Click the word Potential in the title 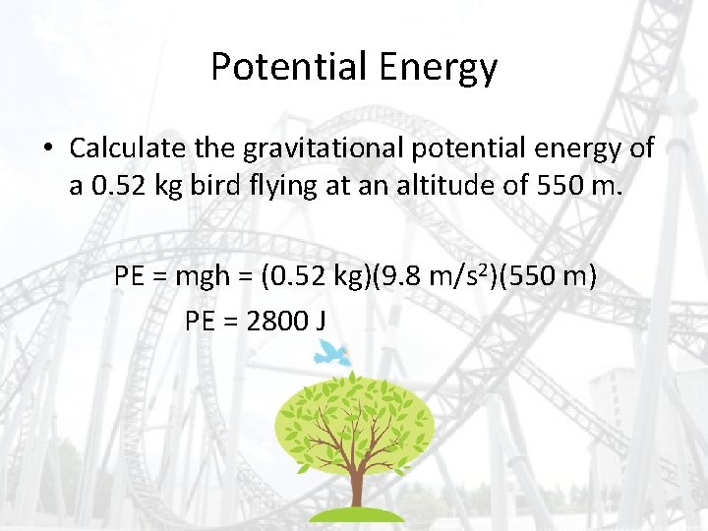point(275,67)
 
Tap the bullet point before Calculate point(47,149)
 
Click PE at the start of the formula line point(131,276)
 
